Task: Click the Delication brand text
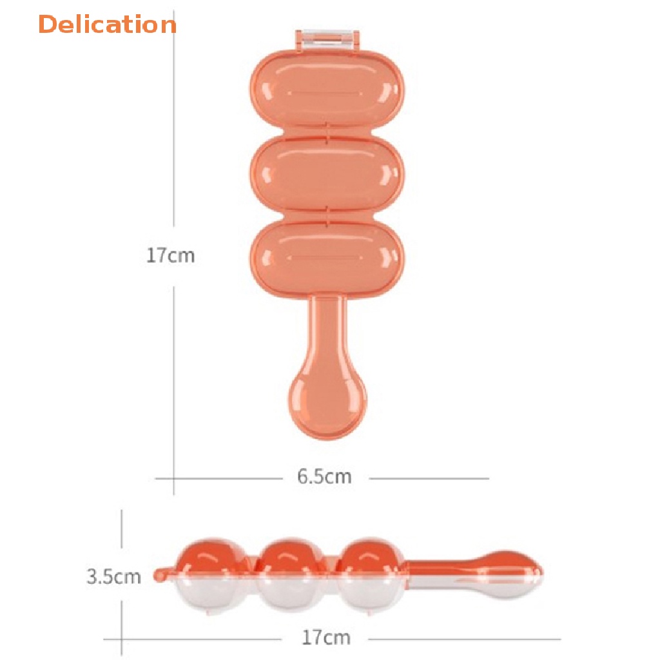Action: pos(107,24)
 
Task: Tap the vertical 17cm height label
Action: pos(170,255)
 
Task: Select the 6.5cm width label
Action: pos(324,477)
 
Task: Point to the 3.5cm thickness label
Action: pos(113,576)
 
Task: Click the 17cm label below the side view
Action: pos(326,638)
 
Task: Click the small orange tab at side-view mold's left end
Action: pos(160,572)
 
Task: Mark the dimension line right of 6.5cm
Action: pos(428,478)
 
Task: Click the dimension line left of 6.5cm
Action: pos(219,478)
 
